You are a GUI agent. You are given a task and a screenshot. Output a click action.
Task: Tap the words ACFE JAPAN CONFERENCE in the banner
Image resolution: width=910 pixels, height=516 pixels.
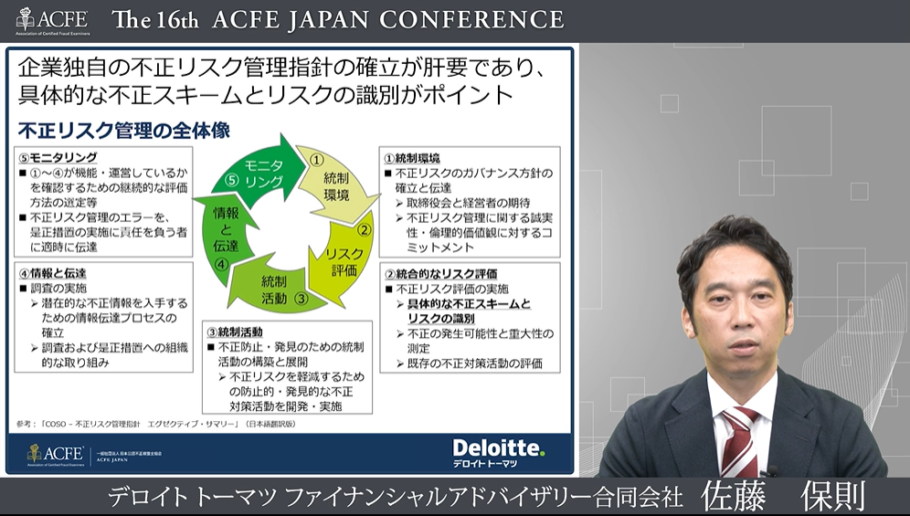pyautogui.click(x=387, y=19)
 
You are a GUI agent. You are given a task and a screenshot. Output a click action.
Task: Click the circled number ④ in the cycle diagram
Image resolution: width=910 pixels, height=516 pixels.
pyautogui.click(x=221, y=267)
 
